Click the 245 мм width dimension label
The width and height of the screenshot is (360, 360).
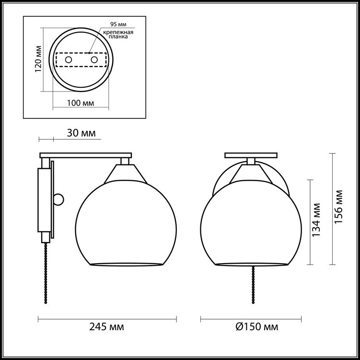point(106,327)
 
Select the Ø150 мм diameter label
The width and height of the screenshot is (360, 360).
point(257,327)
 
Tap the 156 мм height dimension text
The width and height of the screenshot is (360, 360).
point(338,207)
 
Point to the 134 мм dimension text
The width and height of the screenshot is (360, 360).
point(316,220)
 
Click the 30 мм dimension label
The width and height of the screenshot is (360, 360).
point(81,133)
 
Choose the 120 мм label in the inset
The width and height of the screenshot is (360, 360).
point(38,59)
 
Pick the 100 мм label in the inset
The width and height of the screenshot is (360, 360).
point(81,103)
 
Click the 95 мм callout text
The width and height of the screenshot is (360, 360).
point(118,24)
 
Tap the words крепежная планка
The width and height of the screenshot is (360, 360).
point(118,35)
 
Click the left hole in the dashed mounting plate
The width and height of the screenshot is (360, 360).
point(69,60)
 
